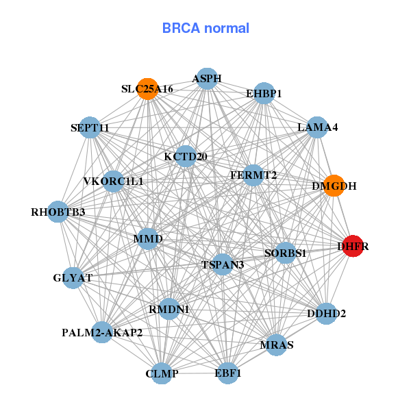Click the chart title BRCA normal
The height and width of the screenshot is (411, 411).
[206, 28]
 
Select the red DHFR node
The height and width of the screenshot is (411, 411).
[352, 246]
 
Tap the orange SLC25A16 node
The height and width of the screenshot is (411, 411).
[148, 89]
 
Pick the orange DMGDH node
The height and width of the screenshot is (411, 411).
[334, 186]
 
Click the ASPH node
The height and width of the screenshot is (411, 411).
[206, 79]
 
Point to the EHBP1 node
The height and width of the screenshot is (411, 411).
[264, 93]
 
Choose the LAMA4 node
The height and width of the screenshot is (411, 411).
[316, 127]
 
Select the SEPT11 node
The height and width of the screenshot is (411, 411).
[90, 127]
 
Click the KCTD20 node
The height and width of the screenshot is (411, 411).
[186, 157]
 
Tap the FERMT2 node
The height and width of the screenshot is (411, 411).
[253, 175]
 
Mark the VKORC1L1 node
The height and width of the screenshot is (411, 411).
[113, 182]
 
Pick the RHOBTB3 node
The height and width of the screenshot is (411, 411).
[59, 212]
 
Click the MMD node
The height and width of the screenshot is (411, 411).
[148, 239]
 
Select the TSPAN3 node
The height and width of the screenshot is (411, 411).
[223, 264]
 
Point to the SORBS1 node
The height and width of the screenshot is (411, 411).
[285, 253]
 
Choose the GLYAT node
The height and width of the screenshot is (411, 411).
[73, 277]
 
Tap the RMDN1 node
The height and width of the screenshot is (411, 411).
[169, 310]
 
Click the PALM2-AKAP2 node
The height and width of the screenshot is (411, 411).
[102, 333]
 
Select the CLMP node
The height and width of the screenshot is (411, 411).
[162, 373]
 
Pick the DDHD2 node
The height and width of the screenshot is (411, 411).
[326, 314]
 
